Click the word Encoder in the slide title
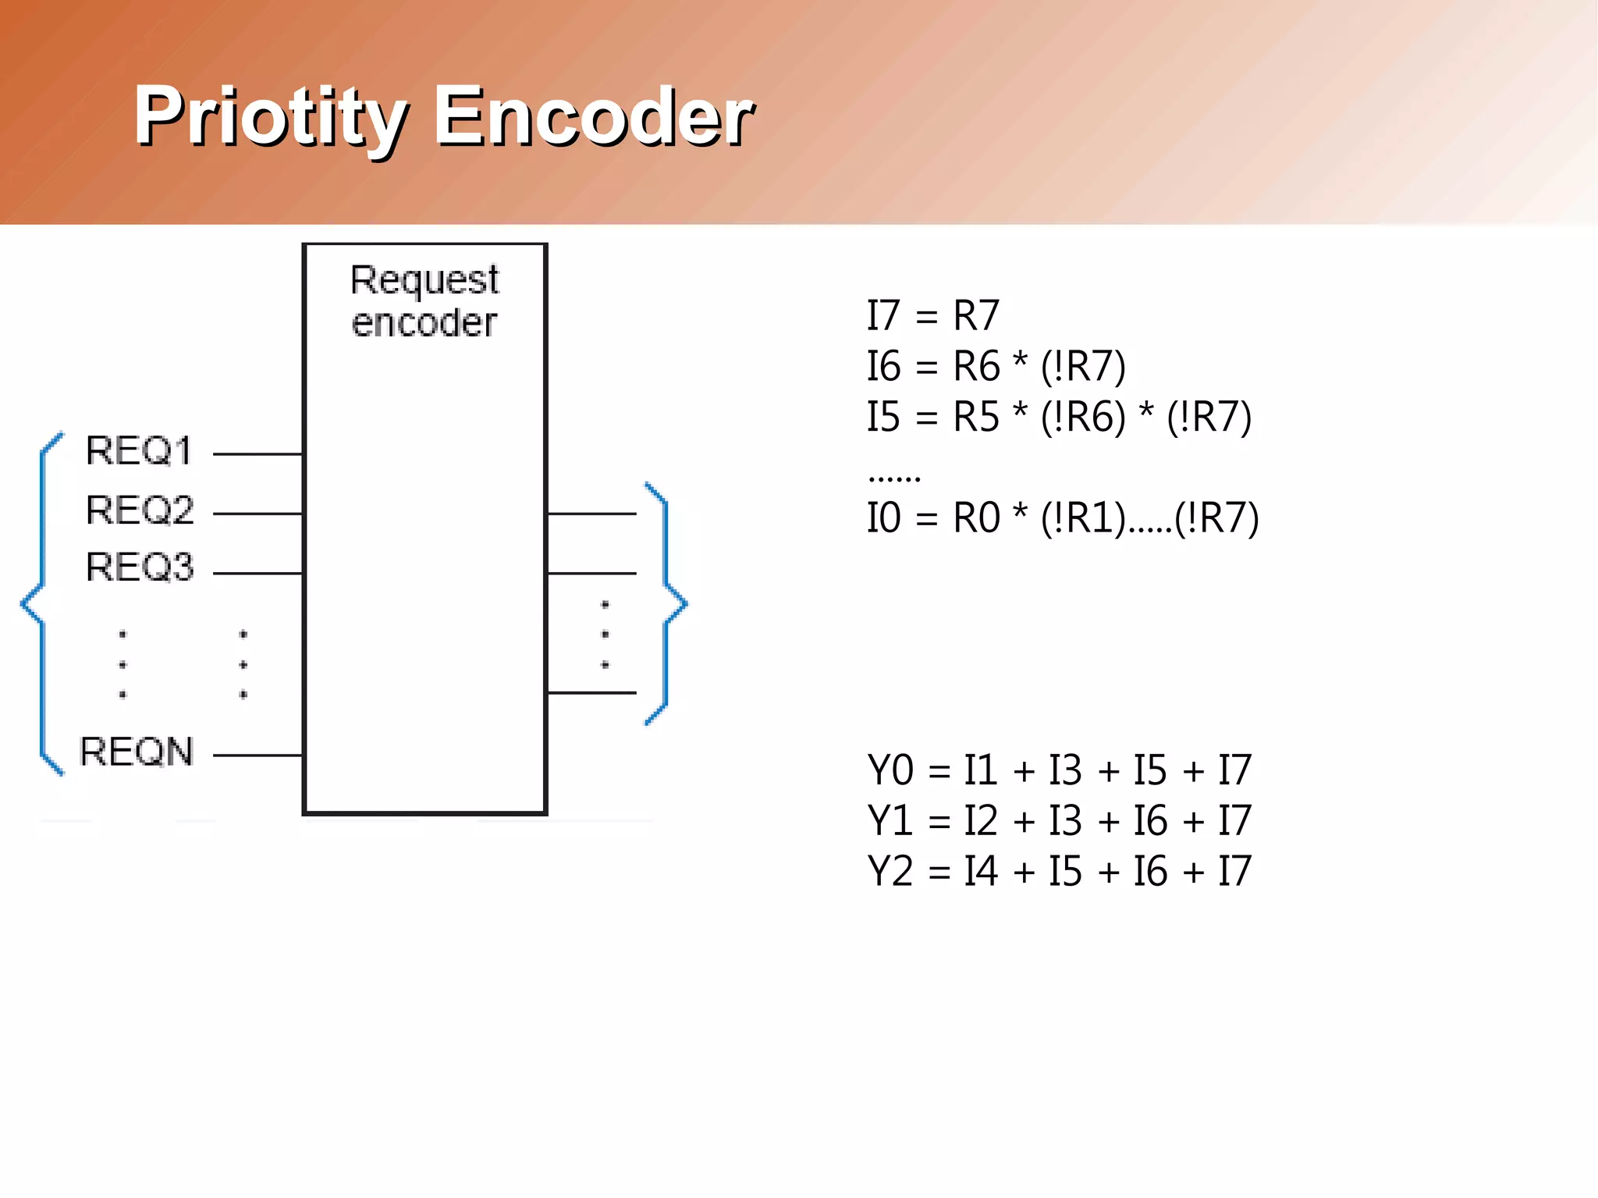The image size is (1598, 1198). (593, 117)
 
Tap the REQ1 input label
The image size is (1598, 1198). (139, 451)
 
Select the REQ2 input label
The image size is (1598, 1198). (140, 510)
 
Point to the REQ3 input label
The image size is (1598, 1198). (140, 567)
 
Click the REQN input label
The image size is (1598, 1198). (137, 752)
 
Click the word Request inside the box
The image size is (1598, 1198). (424, 281)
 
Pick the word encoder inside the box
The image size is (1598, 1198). (424, 323)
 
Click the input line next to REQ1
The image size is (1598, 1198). (257, 453)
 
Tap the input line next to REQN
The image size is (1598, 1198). (257, 755)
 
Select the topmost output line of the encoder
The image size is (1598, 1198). (591, 514)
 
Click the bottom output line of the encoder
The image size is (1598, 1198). (591, 692)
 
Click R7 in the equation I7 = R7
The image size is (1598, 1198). (975, 317)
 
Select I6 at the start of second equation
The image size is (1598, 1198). (883, 367)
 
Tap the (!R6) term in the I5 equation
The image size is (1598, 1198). (1084, 418)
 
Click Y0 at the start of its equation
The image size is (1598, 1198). (890, 771)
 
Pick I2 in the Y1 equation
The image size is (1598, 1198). (980, 821)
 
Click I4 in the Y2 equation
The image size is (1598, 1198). (980, 872)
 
